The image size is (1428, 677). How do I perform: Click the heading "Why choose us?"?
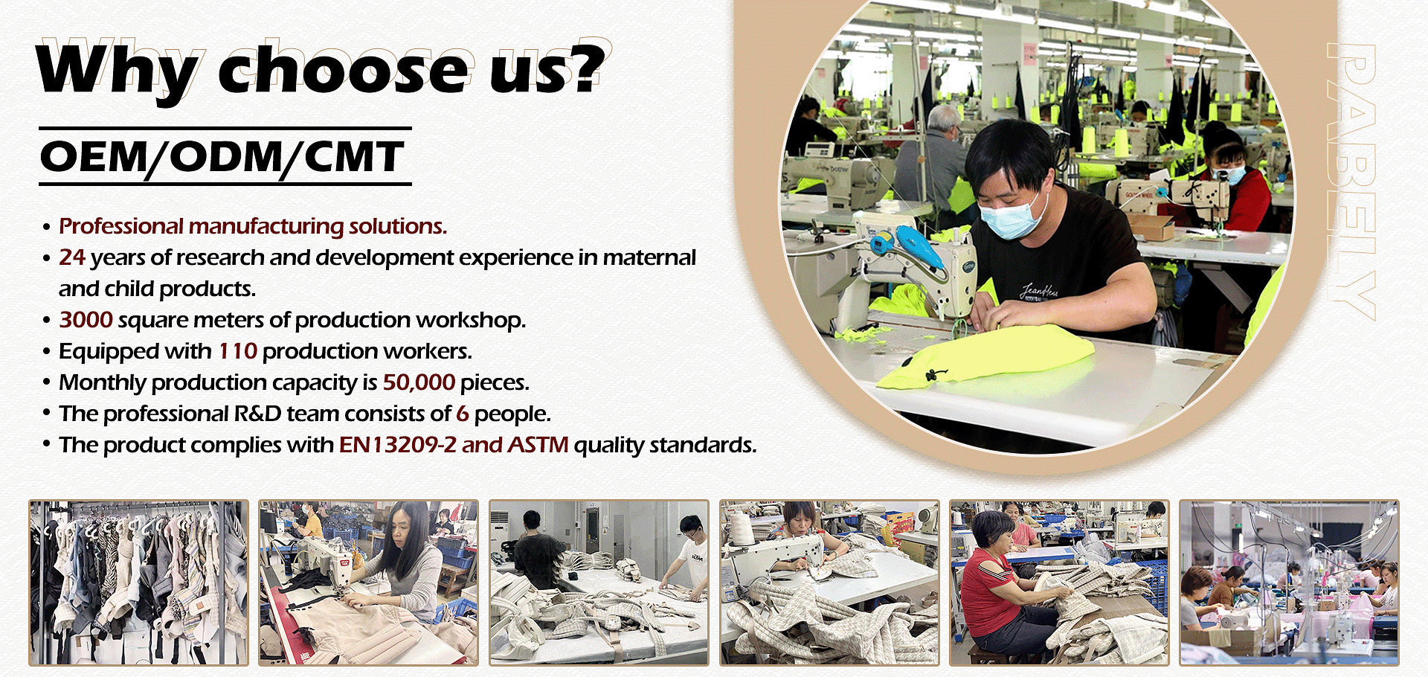321,71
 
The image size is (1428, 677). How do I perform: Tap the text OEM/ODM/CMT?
222,156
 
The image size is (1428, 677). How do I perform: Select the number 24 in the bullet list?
72,257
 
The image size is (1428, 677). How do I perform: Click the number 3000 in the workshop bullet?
86,320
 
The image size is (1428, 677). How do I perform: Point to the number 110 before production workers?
237,351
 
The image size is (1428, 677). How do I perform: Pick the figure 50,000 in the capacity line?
419,382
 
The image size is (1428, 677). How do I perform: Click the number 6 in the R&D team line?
463,414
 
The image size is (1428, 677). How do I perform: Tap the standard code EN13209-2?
397,445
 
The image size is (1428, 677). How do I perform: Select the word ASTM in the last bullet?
538,445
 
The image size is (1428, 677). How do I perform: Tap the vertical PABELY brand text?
1351,182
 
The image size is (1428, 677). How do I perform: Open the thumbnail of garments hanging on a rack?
138,583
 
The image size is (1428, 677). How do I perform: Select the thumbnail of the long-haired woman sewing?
368,583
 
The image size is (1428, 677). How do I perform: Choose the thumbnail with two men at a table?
599,583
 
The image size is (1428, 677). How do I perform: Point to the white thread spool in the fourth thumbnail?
742,530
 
